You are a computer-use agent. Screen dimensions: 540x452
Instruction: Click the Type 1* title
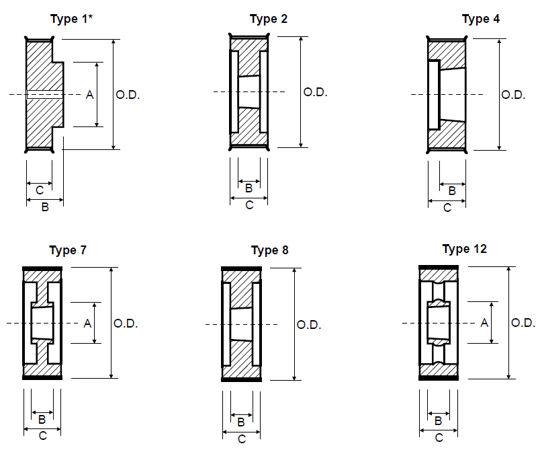coord(72,19)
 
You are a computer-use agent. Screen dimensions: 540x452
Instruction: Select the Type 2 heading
coord(269,19)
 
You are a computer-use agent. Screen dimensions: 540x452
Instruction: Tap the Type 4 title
coord(481,19)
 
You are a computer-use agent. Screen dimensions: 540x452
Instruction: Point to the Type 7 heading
coord(68,250)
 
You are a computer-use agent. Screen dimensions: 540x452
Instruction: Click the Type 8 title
coord(269,250)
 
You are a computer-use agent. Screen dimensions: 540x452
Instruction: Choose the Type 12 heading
coord(465,249)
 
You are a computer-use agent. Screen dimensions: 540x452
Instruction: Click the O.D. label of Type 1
coord(128,95)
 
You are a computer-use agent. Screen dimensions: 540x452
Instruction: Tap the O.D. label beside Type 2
coord(315,92)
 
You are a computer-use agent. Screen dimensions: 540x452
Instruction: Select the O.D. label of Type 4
coord(513,95)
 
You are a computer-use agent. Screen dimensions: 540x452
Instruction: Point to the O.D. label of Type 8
coord(308,325)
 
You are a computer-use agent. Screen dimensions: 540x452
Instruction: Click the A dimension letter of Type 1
coord(89,95)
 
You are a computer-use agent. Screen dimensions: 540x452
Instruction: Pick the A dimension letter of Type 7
coord(87,324)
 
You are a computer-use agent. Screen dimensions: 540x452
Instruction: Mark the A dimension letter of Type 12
coord(484,323)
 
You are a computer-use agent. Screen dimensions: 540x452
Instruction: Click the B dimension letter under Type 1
coord(45,207)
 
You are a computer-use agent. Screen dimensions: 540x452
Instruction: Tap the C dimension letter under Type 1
coord(40,190)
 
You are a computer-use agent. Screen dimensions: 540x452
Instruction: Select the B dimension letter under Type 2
coord(249,188)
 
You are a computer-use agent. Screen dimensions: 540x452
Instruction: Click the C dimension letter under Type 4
coord(447,208)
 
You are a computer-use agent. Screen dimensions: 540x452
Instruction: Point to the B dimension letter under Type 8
coord(241,422)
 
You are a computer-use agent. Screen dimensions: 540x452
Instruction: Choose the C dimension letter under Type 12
coord(439,438)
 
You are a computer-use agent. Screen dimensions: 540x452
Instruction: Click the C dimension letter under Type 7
coord(43,436)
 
